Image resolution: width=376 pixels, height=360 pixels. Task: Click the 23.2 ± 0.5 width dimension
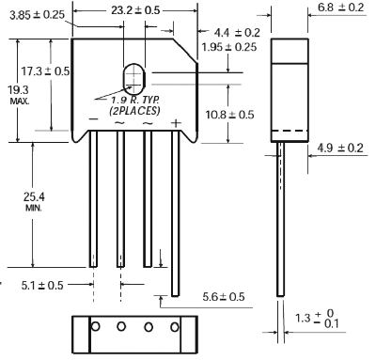[x=135, y=10]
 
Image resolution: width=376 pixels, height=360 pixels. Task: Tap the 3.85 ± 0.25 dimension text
[x=37, y=15]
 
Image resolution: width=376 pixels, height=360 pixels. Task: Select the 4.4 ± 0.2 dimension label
[x=237, y=32]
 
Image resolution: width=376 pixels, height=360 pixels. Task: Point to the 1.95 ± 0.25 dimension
[x=228, y=47]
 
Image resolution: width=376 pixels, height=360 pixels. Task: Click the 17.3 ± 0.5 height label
[x=45, y=71]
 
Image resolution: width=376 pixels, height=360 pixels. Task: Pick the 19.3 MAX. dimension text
[x=19, y=95]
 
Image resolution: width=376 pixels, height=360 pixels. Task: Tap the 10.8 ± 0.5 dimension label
[x=229, y=115]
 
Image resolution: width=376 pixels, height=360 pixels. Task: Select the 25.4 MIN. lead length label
[x=34, y=201]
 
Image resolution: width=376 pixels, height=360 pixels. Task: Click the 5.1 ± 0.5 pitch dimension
[x=42, y=285]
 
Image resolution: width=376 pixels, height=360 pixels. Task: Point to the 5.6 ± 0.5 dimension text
[x=224, y=296]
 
